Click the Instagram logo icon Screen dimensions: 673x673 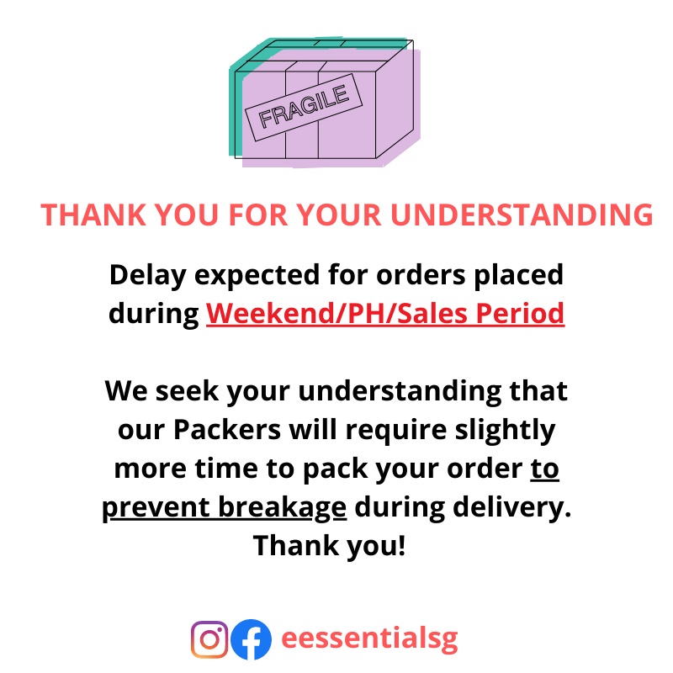(209, 639)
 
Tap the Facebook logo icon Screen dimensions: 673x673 (251, 639)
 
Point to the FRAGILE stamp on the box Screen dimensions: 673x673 (304, 108)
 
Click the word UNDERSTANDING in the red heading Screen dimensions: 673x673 (522, 215)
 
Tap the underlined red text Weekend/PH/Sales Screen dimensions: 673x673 (337, 314)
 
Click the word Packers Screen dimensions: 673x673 (227, 430)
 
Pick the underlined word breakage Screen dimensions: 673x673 (282, 508)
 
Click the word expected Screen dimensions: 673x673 (257, 276)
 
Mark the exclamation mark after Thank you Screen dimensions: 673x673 (402, 545)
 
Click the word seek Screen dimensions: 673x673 (187, 391)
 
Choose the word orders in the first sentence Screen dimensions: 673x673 (421, 275)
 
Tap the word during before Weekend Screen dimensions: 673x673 (154, 314)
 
